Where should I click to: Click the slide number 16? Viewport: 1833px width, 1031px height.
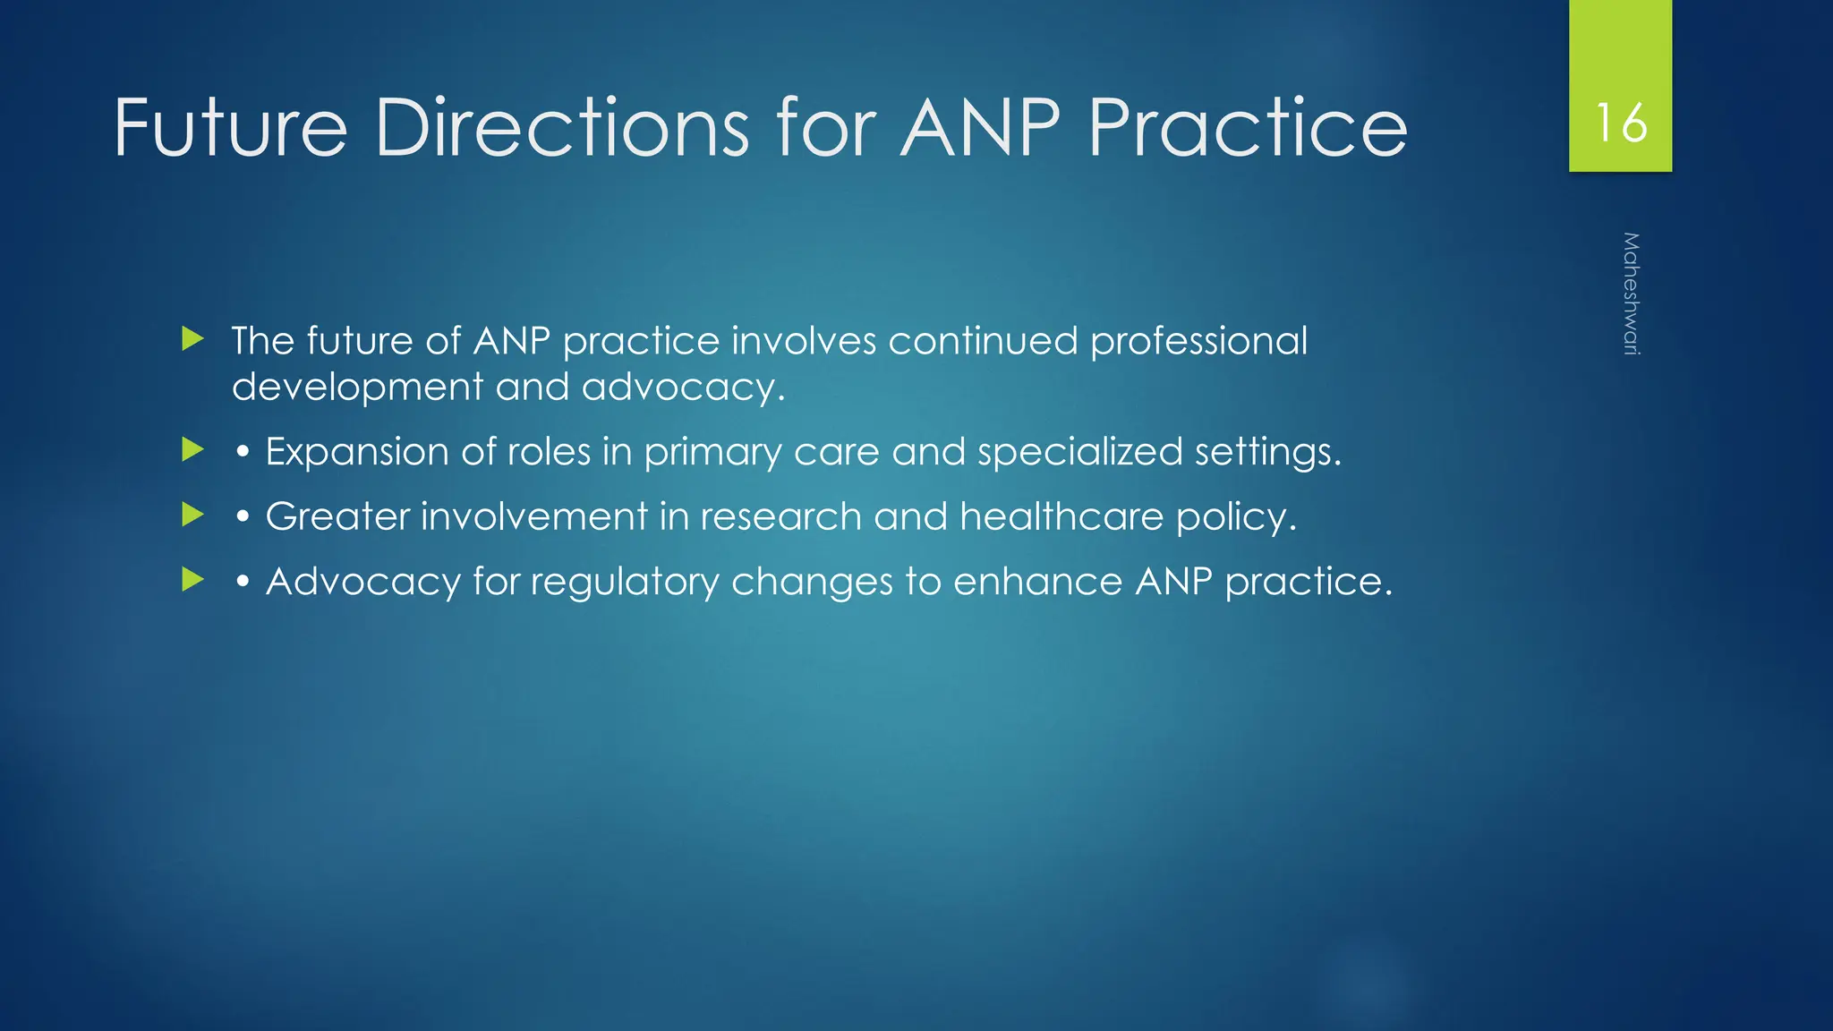click(1620, 123)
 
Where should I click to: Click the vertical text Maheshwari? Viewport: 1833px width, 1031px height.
click(1631, 294)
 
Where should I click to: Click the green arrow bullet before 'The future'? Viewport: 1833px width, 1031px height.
click(192, 339)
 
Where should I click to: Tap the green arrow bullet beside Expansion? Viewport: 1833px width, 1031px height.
click(192, 449)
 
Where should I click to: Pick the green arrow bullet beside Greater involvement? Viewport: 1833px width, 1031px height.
click(192, 515)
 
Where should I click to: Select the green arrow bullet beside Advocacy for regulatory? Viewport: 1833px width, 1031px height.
click(192, 580)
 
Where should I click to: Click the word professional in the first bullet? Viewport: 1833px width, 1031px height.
click(1198, 341)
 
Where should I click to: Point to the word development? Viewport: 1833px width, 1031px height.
click(357, 388)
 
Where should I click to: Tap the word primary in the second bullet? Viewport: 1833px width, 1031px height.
click(712, 453)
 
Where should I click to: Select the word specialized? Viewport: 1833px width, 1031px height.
click(1079, 451)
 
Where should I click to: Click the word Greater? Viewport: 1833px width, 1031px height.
click(337, 516)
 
